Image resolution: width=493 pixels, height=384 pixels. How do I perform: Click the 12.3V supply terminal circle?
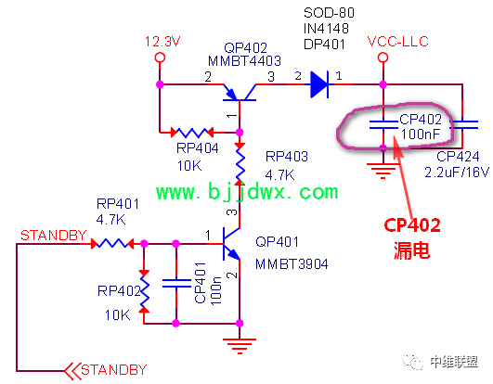pyautogui.click(x=160, y=58)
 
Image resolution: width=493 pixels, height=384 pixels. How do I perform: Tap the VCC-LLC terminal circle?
pyautogui.click(x=383, y=58)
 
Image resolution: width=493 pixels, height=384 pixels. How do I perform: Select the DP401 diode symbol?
pyautogui.click(x=319, y=84)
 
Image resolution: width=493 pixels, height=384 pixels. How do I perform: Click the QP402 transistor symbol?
pyautogui.click(x=240, y=94)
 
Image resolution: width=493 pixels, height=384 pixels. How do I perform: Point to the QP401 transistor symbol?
pyautogui.click(x=231, y=244)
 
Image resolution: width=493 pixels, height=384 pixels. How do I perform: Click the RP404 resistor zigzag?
pyautogui.click(x=192, y=133)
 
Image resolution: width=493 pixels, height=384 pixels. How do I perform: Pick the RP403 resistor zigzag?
pyautogui.click(x=240, y=163)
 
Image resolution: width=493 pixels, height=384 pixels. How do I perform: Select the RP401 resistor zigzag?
pyautogui.click(x=112, y=243)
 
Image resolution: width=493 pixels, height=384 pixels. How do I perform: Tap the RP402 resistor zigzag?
pyautogui.click(x=144, y=292)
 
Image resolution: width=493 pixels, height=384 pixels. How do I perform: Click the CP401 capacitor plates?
pyautogui.click(x=176, y=283)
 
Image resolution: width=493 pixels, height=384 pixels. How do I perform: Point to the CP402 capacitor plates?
pyautogui.click(x=383, y=124)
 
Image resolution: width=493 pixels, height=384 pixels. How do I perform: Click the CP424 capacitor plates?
pyautogui.click(x=462, y=124)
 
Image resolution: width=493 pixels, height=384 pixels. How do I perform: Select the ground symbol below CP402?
pyautogui.click(x=383, y=171)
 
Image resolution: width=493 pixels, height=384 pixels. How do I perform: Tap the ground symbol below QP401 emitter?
pyautogui.click(x=240, y=346)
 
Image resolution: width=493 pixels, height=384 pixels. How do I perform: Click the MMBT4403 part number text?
pyautogui.click(x=244, y=61)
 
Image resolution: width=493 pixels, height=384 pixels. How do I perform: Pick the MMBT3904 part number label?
pyautogui.click(x=292, y=264)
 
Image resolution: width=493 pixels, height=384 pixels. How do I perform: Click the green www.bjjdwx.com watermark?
pyautogui.click(x=247, y=191)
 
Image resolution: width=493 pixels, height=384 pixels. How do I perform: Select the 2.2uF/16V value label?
pyautogui.click(x=457, y=173)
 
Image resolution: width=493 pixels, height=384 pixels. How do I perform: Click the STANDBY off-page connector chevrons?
pyautogui.click(x=72, y=371)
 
